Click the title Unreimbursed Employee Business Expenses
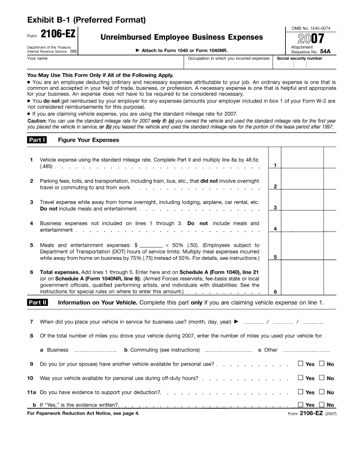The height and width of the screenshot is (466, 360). (181, 37)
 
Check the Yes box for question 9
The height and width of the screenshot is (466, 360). (301, 364)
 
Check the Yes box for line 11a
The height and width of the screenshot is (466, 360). (301, 392)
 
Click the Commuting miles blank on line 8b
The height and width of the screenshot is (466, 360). (228, 351)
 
